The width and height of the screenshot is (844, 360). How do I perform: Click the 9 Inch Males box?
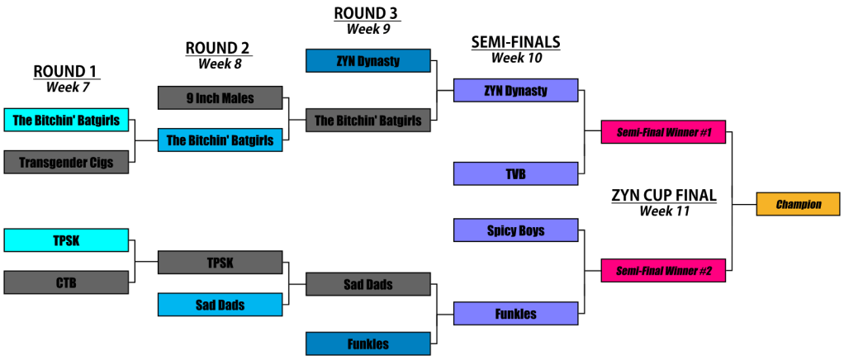click(x=220, y=98)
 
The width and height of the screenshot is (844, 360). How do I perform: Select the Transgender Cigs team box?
click(x=66, y=162)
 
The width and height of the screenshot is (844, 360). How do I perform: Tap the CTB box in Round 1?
click(x=66, y=282)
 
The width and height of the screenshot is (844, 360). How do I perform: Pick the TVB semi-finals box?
click(x=515, y=174)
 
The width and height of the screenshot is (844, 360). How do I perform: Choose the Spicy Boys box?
click(x=515, y=230)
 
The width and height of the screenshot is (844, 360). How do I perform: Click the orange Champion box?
click(x=798, y=204)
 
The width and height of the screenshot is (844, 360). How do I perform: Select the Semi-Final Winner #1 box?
click(x=663, y=132)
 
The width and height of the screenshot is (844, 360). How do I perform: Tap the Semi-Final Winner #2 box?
click(x=663, y=271)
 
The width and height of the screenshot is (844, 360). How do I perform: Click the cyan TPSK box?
click(x=66, y=240)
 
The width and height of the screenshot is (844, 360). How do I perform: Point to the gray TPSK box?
click(x=220, y=263)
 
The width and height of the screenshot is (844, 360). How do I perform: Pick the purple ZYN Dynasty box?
click(x=515, y=91)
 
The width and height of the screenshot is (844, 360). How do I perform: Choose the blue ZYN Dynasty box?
click(x=367, y=61)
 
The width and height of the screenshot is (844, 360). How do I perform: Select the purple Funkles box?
click(x=515, y=314)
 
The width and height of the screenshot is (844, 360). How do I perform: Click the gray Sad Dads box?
click(x=367, y=285)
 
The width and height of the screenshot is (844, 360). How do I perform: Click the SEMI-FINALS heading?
click(x=514, y=42)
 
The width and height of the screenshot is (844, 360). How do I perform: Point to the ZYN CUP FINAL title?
click(x=663, y=196)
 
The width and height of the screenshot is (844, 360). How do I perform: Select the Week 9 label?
click(x=367, y=28)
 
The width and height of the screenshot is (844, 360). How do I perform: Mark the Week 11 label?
click(x=663, y=211)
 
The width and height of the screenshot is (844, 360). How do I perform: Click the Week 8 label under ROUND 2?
click(x=218, y=63)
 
